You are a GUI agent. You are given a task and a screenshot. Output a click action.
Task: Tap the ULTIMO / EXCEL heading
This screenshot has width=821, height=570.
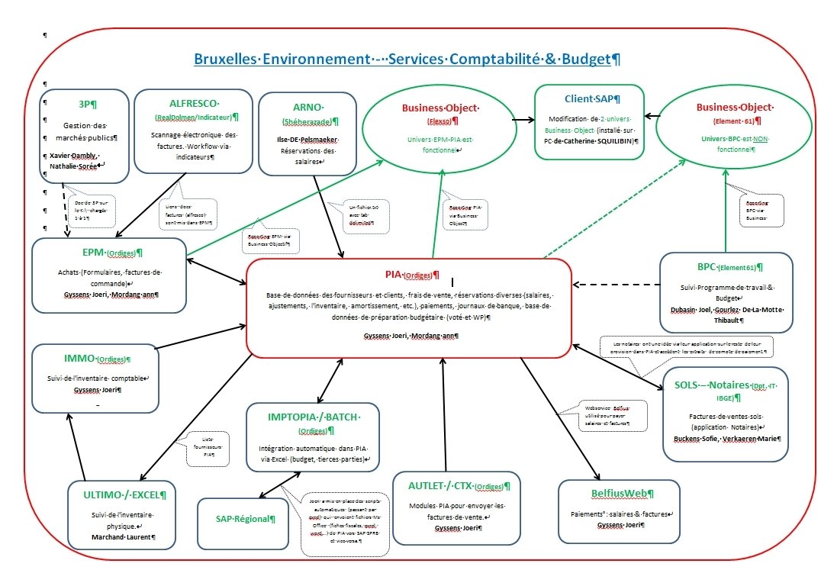pos(121,494)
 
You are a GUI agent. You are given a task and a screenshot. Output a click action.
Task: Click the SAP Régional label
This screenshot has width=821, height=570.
pos(243,519)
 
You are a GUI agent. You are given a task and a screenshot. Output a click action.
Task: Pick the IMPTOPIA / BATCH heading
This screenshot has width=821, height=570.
pos(314,416)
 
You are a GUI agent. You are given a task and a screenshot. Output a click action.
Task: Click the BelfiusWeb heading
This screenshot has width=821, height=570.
pos(618,494)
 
